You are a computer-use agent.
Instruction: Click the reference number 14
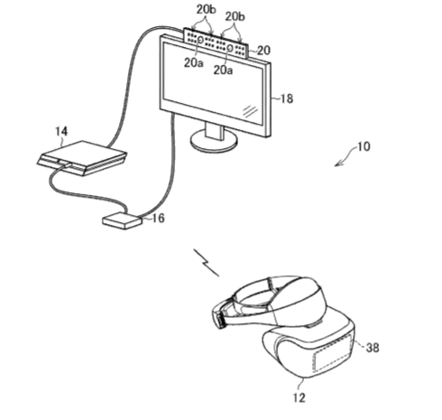point(61,132)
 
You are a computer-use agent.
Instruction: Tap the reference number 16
point(158,218)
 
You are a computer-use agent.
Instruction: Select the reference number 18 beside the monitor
point(287,98)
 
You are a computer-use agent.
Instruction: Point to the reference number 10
point(364,146)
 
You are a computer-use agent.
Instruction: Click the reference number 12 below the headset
point(299,397)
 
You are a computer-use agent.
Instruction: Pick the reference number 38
point(373,348)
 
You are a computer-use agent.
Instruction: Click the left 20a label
point(194,62)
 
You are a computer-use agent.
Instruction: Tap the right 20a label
point(223,70)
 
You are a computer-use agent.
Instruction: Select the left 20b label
point(207,10)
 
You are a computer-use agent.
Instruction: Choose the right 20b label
point(235,16)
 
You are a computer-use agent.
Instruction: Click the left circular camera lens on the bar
point(200,39)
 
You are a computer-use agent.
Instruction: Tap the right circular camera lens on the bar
point(230,47)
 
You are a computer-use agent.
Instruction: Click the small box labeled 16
point(122,220)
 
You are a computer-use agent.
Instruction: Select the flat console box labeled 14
point(82,158)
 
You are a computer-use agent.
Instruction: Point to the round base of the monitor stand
point(214,143)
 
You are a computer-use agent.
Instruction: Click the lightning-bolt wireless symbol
point(206,262)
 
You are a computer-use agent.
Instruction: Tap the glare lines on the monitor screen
point(250,111)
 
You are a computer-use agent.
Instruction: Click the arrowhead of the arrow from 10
point(338,163)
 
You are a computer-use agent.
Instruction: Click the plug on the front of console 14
point(64,163)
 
